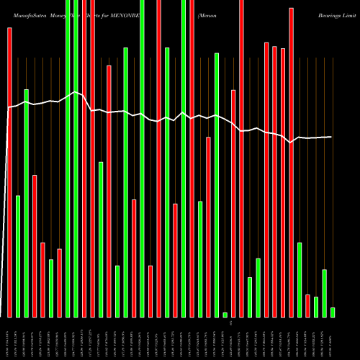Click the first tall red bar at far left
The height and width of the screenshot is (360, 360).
click(9, 173)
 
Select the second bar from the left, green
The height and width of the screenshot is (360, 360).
click(18, 256)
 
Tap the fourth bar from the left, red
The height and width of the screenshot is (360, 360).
click(35, 246)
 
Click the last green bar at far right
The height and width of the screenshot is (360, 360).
click(333, 312)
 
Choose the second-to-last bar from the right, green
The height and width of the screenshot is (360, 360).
click(325, 293)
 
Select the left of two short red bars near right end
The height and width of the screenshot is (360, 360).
click(307, 305)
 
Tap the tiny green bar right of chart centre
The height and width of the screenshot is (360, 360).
click(225, 315)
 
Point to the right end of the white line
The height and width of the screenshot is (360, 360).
click(332, 137)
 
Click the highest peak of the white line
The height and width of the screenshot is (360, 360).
click(76, 93)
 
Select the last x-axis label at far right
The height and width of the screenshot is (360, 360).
click(333, 338)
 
